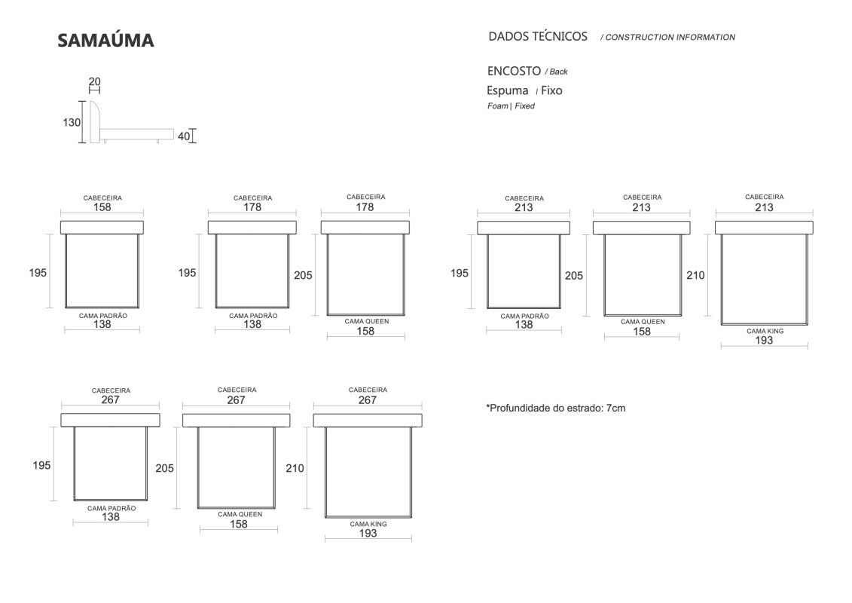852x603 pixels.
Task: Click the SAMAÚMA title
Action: coord(105,40)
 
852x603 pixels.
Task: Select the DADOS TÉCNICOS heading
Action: coord(538,36)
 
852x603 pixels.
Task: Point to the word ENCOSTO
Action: coord(514,71)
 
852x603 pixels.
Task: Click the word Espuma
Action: coord(508,90)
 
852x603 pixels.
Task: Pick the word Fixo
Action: coord(551,90)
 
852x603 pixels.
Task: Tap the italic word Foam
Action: coord(498,106)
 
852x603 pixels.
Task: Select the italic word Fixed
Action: coord(525,106)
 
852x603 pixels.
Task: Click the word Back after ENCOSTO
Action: coord(558,72)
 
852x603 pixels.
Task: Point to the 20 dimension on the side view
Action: coord(95,81)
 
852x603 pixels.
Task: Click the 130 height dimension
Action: coord(71,122)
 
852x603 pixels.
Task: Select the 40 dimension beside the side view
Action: coord(184,136)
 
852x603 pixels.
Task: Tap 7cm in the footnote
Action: coord(615,409)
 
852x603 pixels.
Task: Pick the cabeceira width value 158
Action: coord(102,207)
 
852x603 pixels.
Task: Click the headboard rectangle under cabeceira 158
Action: coord(102,228)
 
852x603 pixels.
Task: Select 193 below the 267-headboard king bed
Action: coord(368,534)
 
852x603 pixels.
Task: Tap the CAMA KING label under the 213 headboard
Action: coord(765,331)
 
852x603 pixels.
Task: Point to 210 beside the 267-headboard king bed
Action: coord(295,468)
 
